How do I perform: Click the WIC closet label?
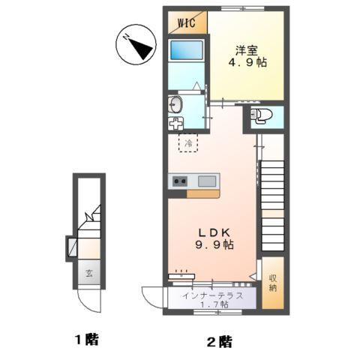[x=186, y=22]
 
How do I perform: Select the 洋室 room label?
[x=245, y=50]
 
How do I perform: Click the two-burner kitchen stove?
[x=180, y=181]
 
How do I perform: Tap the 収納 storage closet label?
[x=273, y=283]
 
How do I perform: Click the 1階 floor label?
[x=86, y=340]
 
